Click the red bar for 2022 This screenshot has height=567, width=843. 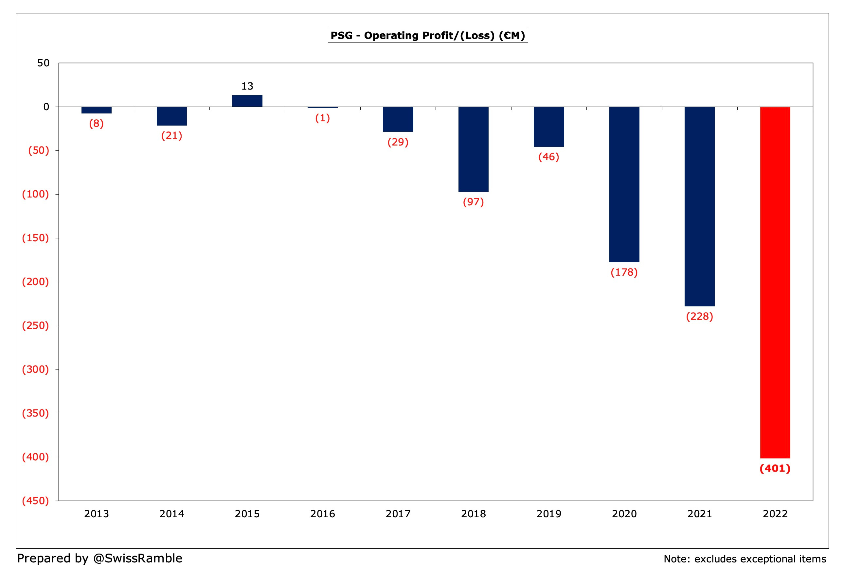775,283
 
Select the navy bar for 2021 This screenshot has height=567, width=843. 699,206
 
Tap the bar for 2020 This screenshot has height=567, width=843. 624,184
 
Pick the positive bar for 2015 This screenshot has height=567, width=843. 247,101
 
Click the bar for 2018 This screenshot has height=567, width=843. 473,149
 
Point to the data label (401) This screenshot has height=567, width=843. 775,469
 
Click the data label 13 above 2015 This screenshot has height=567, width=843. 247,86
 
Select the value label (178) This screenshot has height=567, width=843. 624,272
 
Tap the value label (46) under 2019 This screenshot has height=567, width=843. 548,157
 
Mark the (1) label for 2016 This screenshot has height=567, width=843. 322,118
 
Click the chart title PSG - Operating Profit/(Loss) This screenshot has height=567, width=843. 428,35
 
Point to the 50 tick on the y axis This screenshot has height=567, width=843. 44,63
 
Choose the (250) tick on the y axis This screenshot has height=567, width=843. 35,326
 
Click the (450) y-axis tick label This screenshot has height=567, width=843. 35,501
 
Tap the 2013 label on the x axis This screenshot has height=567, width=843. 96,514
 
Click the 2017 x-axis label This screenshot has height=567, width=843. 398,514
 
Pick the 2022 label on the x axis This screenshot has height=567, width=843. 775,514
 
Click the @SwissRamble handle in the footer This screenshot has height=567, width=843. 137,558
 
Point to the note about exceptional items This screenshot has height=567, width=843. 745,559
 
